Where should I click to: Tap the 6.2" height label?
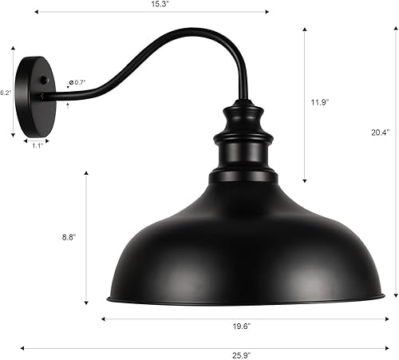(5, 93)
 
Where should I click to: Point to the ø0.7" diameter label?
(78, 81)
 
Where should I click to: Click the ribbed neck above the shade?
(241, 140)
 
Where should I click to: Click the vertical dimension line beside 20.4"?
(393, 160)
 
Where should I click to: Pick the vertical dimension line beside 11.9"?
(306, 104)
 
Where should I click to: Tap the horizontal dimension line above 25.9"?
(207, 348)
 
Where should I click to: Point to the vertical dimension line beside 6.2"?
(14, 93)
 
